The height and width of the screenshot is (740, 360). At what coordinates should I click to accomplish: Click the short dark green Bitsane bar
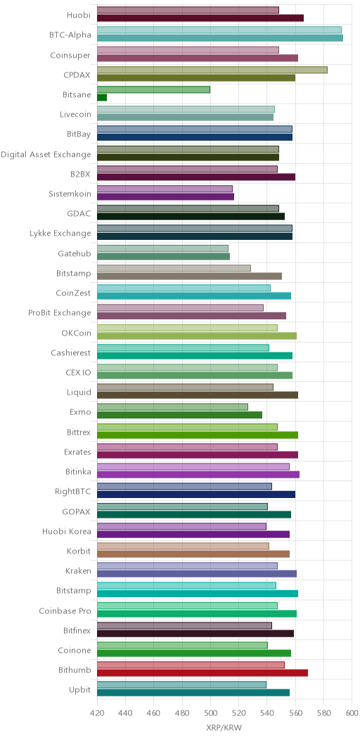click(x=102, y=98)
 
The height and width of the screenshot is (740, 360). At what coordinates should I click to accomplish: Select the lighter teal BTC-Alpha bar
click(x=219, y=30)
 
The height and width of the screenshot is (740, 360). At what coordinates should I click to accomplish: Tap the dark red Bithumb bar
click(x=202, y=673)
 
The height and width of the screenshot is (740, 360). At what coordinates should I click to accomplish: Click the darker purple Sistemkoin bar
click(x=166, y=197)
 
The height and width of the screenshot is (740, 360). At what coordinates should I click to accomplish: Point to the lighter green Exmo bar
click(x=173, y=407)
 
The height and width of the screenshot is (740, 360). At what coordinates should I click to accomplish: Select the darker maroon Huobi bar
click(x=200, y=18)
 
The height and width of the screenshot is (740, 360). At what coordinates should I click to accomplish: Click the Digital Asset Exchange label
click(x=46, y=154)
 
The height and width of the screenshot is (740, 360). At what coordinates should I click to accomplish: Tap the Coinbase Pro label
click(x=65, y=611)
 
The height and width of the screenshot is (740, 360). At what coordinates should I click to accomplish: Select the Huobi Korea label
click(x=67, y=532)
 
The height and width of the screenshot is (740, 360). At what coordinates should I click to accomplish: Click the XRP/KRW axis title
click(x=224, y=727)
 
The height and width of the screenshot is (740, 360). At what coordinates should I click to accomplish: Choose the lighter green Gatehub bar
click(x=163, y=248)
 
